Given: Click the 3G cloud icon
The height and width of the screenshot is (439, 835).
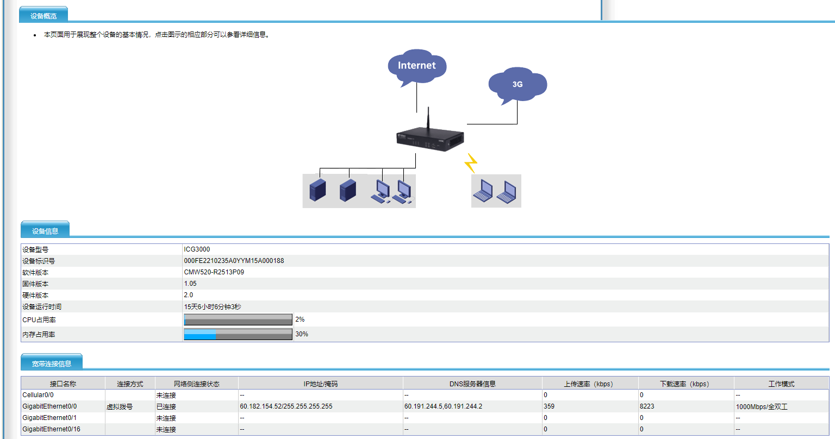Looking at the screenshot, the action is pyautogui.click(x=518, y=85).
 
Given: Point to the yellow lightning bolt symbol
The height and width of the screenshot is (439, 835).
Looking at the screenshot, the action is pyautogui.click(x=471, y=163).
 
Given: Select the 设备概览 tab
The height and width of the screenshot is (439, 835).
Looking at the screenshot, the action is pyautogui.click(x=43, y=16).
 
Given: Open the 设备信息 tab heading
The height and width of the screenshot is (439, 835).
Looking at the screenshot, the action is pyautogui.click(x=45, y=231).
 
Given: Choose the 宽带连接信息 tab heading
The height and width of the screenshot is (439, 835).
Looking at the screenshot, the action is pyautogui.click(x=52, y=363).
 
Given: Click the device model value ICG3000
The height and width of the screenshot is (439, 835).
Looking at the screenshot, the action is pyautogui.click(x=197, y=249).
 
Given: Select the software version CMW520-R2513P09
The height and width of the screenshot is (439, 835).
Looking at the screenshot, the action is pyautogui.click(x=214, y=272).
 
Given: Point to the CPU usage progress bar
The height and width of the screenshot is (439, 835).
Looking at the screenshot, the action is pyautogui.click(x=238, y=319).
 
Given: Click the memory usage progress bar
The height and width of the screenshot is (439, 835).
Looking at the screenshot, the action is pyautogui.click(x=238, y=334).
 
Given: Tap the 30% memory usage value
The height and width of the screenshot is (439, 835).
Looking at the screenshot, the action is pyautogui.click(x=302, y=334).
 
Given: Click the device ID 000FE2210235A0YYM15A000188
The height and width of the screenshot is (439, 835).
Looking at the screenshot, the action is pyautogui.click(x=234, y=260).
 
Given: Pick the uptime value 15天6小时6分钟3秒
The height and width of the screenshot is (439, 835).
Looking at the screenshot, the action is pyautogui.click(x=213, y=307).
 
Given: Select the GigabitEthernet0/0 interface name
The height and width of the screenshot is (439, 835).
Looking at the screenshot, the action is pyautogui.click(x=49, y=406).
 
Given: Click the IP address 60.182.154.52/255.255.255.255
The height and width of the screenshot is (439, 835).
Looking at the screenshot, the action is pyautogui.click(x=286, y=406).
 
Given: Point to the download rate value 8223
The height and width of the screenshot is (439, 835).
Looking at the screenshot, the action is pyautogui.click(x=647, y=406).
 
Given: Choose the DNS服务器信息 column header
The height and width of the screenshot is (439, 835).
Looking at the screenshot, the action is pyautogui.click(x=472, y=384).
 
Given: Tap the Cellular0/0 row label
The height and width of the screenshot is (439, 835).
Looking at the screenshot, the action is pyautogui.click(x=38, y=394).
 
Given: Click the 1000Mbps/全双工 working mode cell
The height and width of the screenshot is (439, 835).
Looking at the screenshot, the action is pyautogui.click(x=762, y=406).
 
